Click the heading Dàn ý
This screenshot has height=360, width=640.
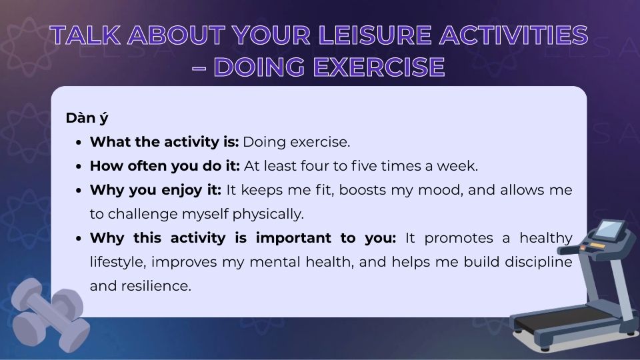(x=87, y=118)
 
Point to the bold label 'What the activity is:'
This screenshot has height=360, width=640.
(x=164, y=142)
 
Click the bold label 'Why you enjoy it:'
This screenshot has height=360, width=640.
(x=155, y=190)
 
